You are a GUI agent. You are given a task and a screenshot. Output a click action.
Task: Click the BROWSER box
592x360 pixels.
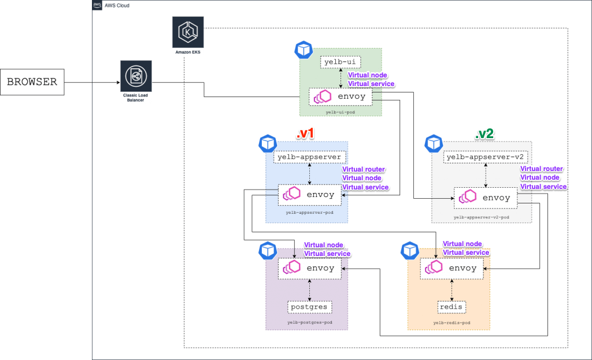coord(32,82)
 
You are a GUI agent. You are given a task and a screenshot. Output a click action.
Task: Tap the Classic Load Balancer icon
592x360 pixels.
coord(136,76)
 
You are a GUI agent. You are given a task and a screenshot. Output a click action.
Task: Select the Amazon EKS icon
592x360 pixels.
coord(188,32)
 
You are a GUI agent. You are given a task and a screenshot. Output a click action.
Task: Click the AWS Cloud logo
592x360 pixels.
coord(97,5)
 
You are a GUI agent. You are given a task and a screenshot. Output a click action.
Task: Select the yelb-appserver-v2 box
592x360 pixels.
coord(485,157)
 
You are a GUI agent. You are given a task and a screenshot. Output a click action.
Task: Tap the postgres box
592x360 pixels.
coord(310,306)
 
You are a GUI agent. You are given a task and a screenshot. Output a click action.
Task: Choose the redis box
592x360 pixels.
coord(451,306)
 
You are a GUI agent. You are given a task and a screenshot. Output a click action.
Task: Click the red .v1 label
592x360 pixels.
coord(305,134)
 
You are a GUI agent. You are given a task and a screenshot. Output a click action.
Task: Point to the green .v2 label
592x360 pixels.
coord(484,134)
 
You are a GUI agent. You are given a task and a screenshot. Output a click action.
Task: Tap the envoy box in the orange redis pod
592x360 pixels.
coord(452,268)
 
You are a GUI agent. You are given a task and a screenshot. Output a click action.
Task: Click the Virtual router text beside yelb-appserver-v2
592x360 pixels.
coord(542,169)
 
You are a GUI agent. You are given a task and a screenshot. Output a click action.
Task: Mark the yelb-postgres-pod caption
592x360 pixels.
coord(309,322)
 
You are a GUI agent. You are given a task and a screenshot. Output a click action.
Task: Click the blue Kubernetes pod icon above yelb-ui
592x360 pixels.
coord(303,50)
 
